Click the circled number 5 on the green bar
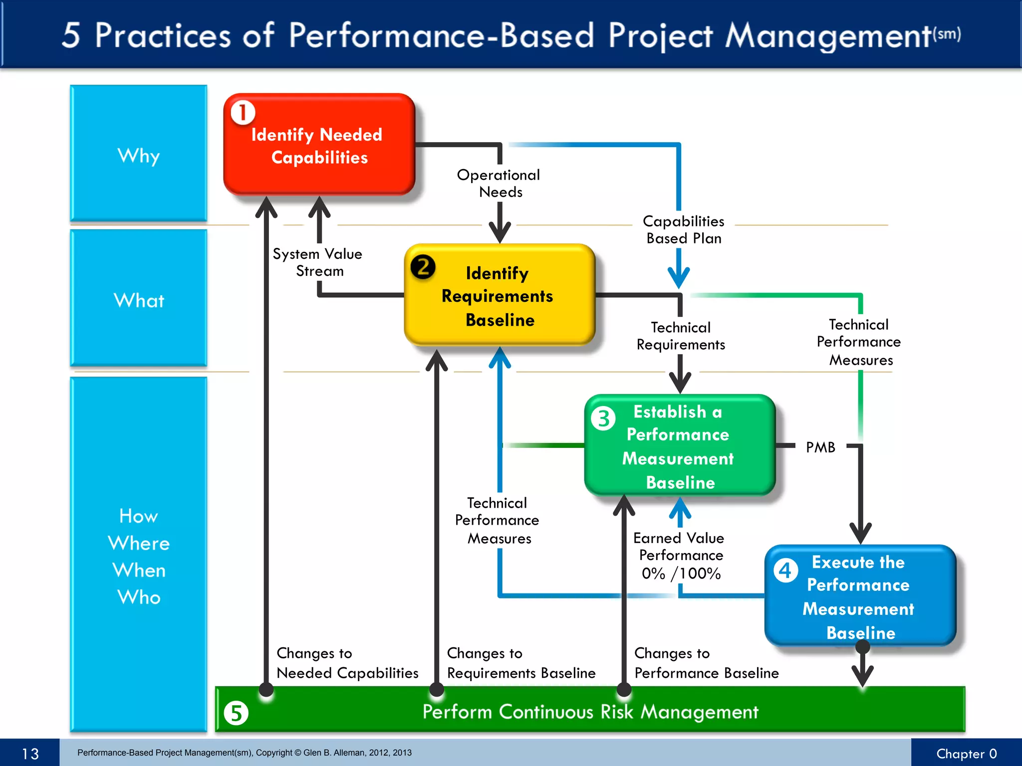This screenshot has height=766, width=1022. point(236,713)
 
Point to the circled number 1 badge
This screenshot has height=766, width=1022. point(243,113)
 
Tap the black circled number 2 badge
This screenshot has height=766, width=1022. point(423,267)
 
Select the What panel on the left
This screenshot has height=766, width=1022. point(139,299)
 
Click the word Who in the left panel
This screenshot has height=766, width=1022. point(139,597)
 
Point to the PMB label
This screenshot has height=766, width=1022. point(820,447)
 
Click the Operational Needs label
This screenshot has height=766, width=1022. point(499,183)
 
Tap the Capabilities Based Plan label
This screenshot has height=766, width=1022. point(683,229)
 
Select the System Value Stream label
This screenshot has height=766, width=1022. point(317,262)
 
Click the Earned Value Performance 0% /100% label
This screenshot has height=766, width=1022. point(680,556)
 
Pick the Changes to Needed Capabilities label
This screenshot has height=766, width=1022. point(347,663)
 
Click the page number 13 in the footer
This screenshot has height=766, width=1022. point(30,753)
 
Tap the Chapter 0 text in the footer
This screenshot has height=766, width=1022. point(966,754)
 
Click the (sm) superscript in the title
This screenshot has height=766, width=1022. point(947,34)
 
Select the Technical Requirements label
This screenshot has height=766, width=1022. point(681,336)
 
